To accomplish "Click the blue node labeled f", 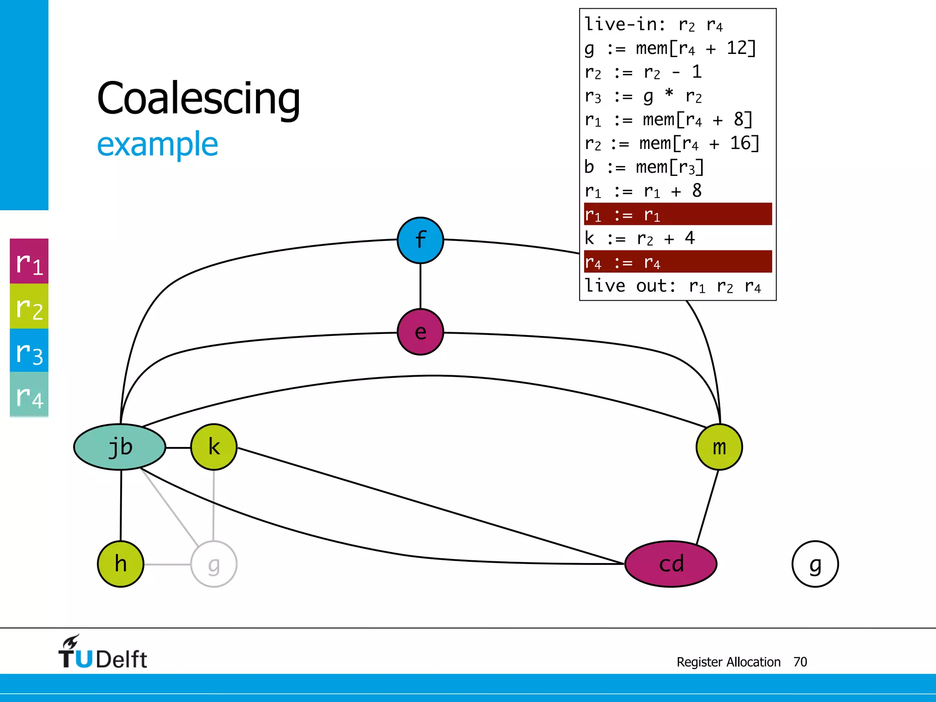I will tap(420, 240).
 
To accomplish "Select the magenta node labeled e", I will tap(420, 332).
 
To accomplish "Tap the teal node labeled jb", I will tap(120, 447).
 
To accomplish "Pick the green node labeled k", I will tap(213, 447).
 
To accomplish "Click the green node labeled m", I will tap(719, 447).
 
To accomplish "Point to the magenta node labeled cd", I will tap(670, 564).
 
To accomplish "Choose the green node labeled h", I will tap(121, 564).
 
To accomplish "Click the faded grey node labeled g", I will tap(213, 564).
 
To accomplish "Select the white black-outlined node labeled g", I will tap(815, 564).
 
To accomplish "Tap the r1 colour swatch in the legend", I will tap(29, 261).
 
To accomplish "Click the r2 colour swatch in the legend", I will tap(29, 306).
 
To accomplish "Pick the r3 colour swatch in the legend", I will tap(29, 351).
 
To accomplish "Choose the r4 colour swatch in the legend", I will tap(29, 394).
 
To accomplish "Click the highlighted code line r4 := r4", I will tap(677, 262).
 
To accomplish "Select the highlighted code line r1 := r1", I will tap(677, 214).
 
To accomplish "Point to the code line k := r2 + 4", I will tap(640, 238).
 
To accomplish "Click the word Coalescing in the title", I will tap(199, 98).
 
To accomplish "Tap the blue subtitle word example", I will tap(158, 144).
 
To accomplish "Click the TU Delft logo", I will tap(102, 653).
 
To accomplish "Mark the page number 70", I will tap(800, 662).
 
